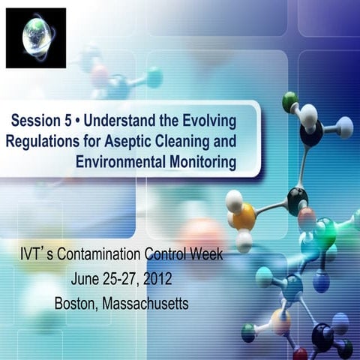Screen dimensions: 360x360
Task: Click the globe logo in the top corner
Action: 35,37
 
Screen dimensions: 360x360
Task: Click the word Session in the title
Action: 39,120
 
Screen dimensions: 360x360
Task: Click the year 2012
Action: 157,279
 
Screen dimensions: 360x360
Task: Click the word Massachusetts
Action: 150,303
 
